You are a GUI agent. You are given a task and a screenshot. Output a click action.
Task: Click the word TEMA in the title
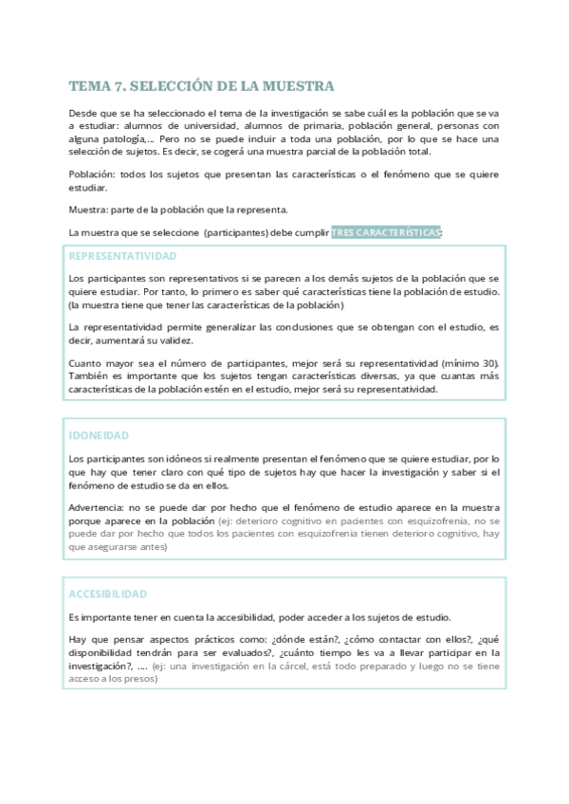tap(90, 86)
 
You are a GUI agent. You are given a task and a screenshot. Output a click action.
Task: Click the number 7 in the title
tap(119, 86)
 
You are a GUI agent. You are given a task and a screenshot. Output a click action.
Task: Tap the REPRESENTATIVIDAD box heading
tap(122, 256)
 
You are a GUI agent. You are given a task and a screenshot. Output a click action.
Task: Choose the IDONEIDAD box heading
tap(99, 435)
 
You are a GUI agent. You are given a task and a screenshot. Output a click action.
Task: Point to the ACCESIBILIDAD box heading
tap(108, 594)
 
